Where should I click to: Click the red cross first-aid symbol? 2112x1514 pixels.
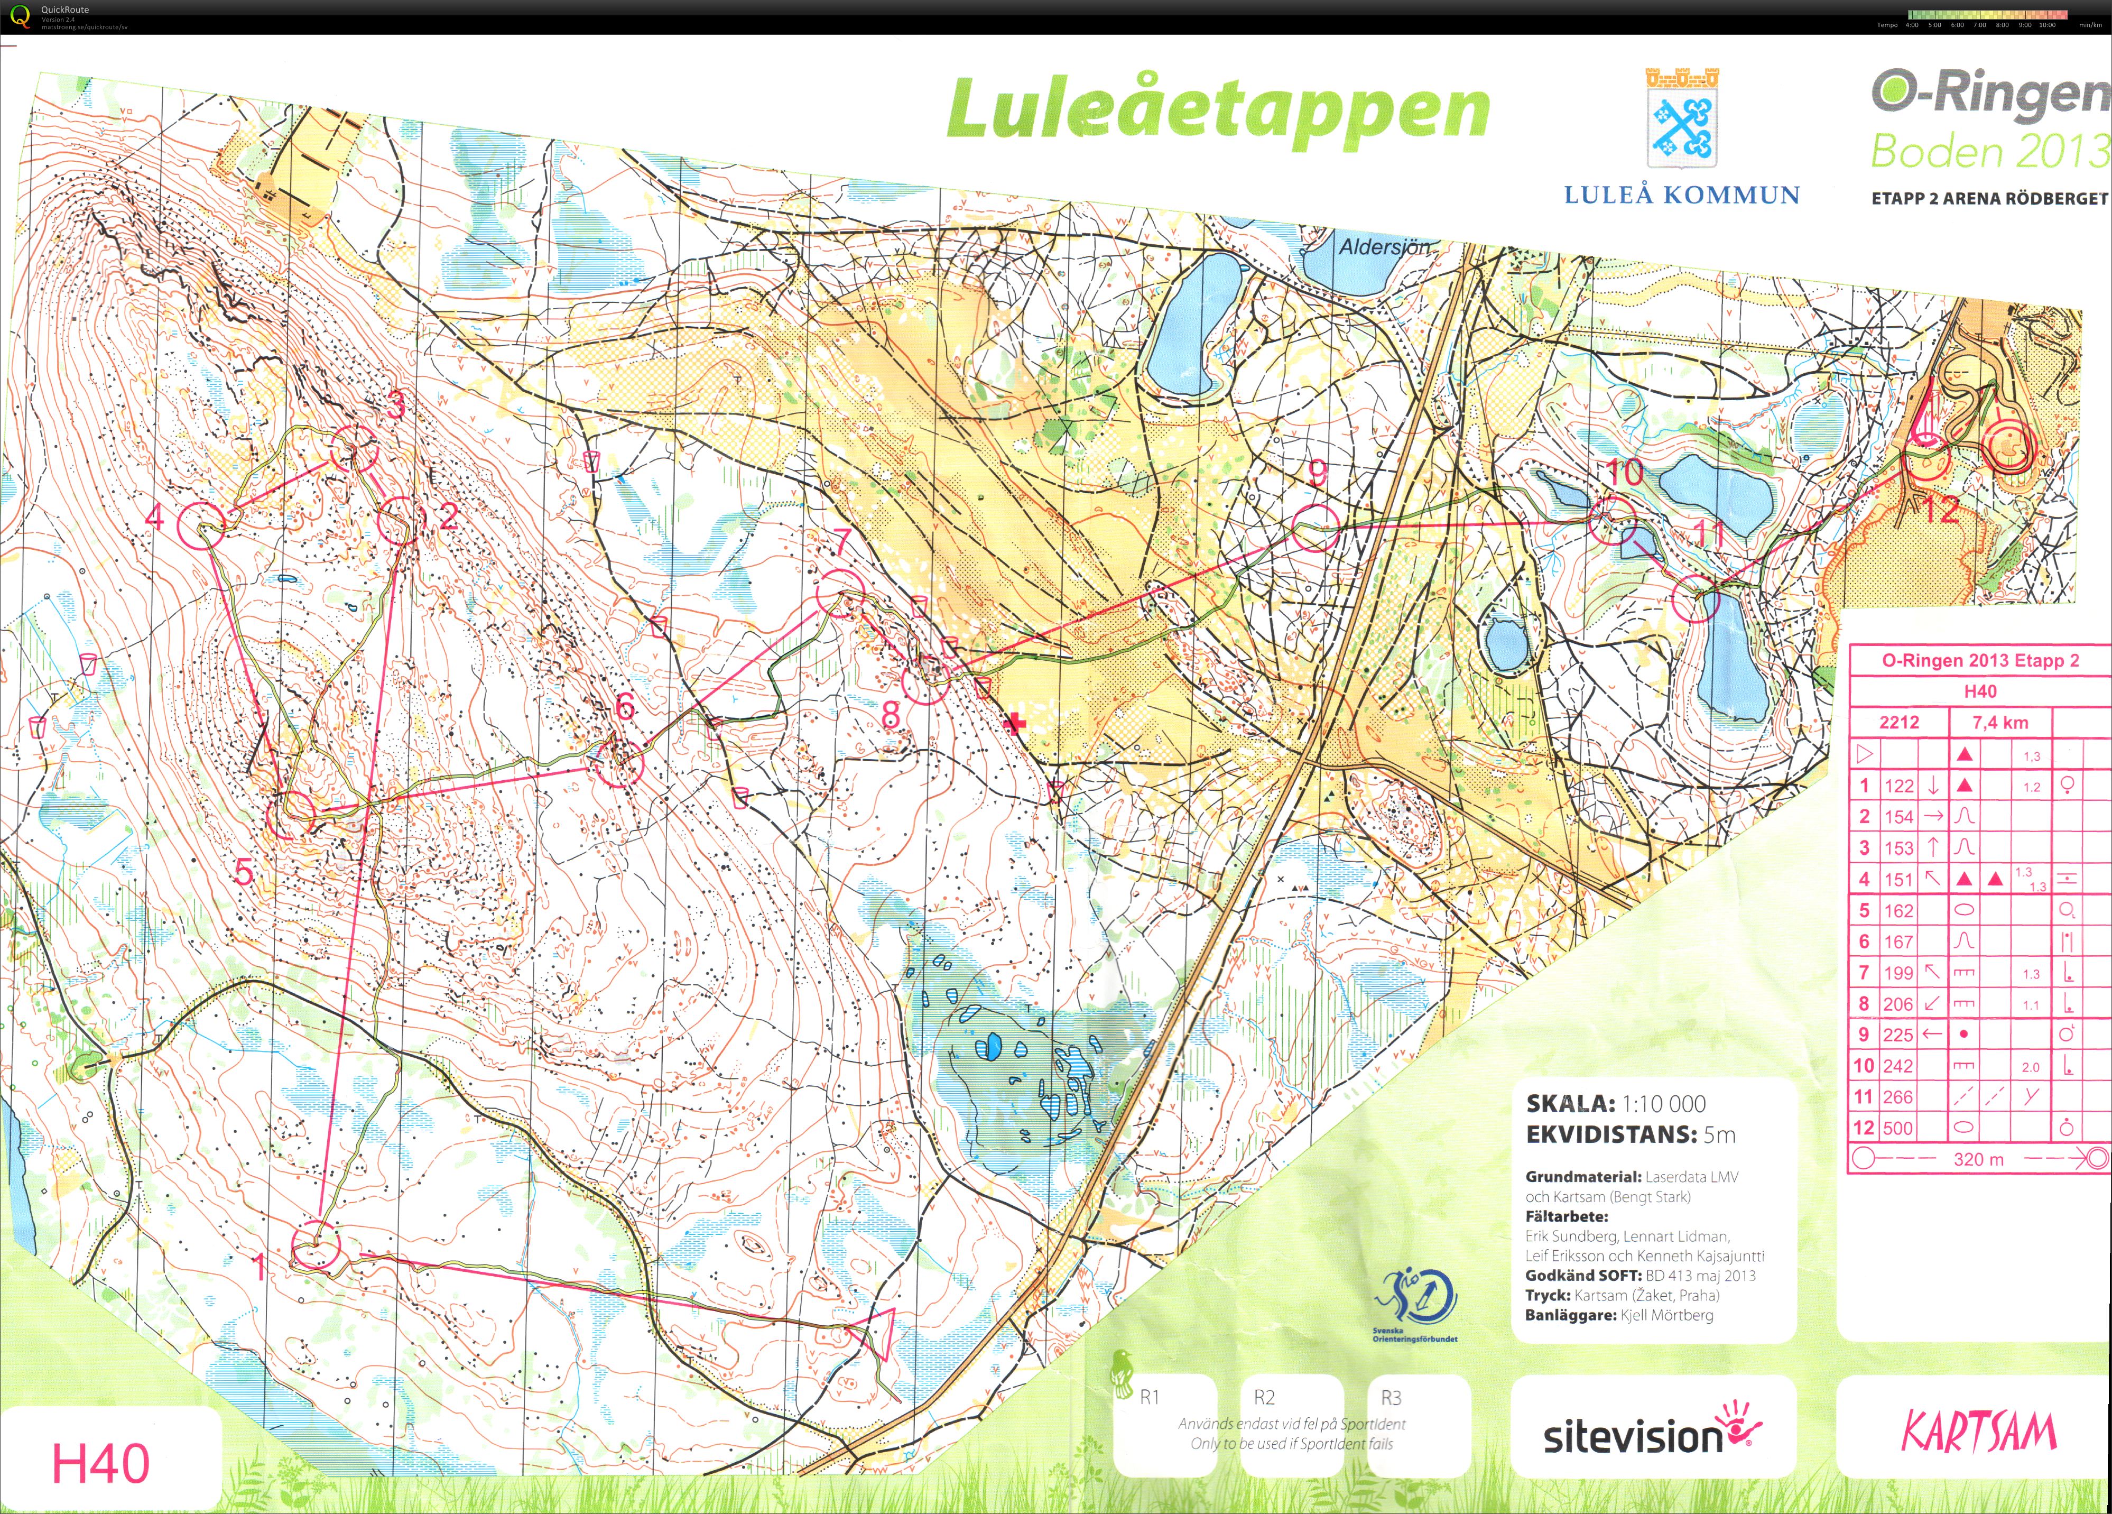1016,723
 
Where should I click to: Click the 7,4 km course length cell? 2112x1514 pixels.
1999,723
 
